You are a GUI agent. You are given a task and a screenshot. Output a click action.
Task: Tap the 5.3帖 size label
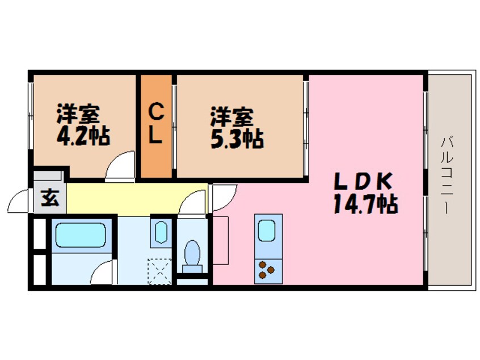click(237, 139)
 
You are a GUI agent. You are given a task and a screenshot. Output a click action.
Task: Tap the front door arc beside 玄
click(20, 202)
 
